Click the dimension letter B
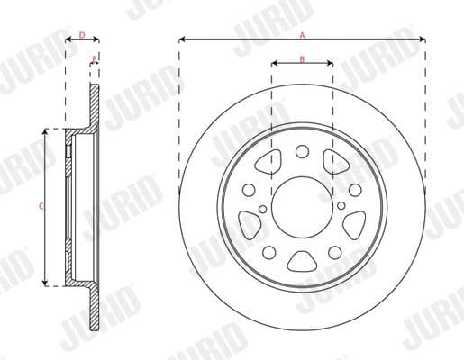[x=302, y=58]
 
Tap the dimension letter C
[x=39, y=206]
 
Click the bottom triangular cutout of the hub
[x=302, y=262]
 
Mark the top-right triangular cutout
[x=335, y=163]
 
